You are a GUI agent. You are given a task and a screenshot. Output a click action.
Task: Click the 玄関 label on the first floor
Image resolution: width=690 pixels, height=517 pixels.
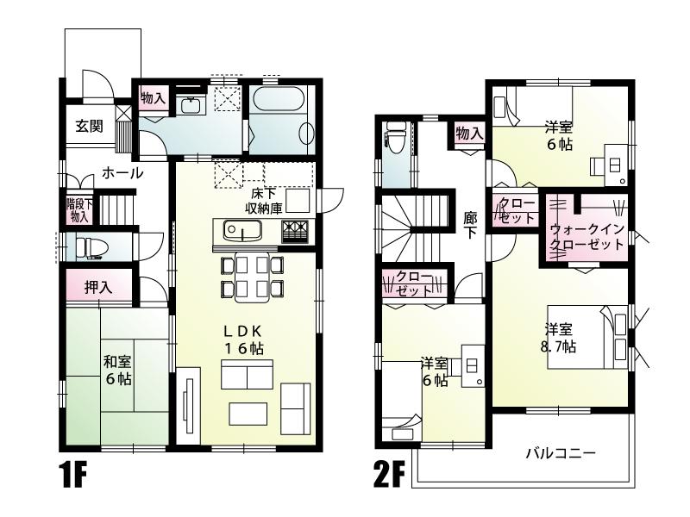click(x=86, y=127)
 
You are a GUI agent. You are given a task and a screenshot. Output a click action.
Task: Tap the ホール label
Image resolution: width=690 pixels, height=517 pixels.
click(x=122, y=172)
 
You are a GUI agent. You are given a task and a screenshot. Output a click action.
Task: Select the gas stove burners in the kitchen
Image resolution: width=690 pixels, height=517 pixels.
click(x=294, y=231)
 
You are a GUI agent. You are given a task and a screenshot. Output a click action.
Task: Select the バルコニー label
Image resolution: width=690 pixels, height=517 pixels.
click(x=560, y=453)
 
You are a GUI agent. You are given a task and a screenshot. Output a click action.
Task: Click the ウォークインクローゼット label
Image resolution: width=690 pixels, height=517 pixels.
click(x=586, y=235)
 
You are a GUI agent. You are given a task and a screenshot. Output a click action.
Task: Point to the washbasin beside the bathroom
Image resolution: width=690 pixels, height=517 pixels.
click(x=191, y=106)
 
